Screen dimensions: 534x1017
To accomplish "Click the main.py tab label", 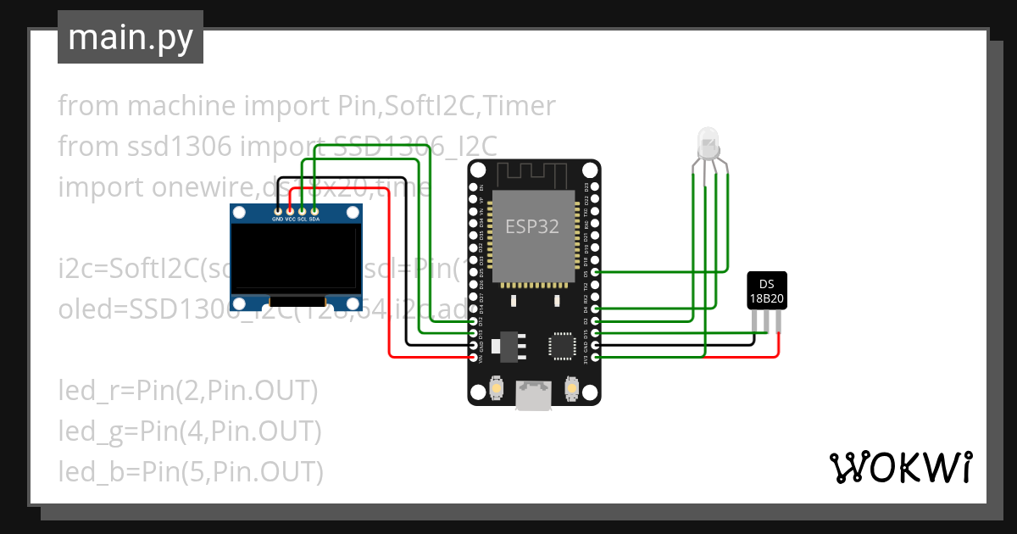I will pyautogui.click(x=130, y=37).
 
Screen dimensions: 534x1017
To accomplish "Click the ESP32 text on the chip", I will pyautogui.click(x=532, y=226).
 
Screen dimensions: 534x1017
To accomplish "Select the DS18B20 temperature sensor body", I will pyautogui.click(x=766, y=291).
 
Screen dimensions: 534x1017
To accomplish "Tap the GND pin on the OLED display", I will pyautogui.click(x=278, y=210).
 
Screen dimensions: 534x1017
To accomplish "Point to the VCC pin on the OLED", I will pyautogui.click(x=290, y=210).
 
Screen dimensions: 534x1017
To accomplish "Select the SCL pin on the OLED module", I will pyautogui.click(x=303, y=210).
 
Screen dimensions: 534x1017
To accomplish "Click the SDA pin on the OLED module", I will pyautogui.click(x=314, y=210).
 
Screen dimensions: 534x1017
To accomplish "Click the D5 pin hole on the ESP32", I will pyautogui.click(x=596, y=273).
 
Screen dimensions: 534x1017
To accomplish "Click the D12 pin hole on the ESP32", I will pyautogui.click(x=473, y=322).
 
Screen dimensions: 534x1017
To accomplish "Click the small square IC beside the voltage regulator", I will pyautogui.click(x=561, y=346).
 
